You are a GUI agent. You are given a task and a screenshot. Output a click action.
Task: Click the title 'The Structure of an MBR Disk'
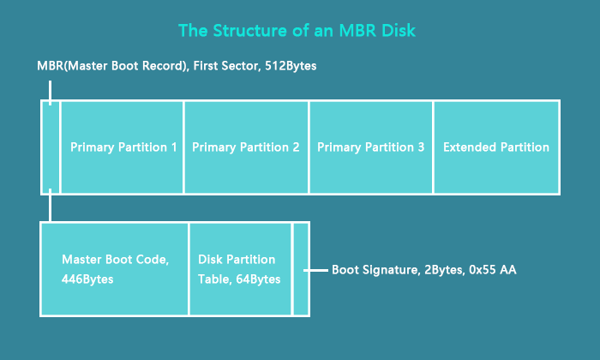coord(298,31)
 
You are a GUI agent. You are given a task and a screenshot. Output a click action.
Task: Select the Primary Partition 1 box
coord(123,147)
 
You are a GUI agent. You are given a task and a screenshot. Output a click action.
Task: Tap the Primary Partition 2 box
coord(246,147)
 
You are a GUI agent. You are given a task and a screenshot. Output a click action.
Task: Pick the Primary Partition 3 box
coord(370,147)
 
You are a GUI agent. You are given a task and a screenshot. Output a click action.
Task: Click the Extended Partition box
coord(496,147)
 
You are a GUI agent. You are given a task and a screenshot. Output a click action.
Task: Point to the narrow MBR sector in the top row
coord(51,147)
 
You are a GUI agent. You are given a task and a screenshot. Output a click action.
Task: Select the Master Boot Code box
coord(115,268)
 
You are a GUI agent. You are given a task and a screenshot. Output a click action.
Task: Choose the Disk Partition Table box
coord(240,268)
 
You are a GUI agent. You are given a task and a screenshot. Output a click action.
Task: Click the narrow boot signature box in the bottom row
coord(301,268)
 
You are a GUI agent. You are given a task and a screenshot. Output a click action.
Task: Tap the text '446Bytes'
coord(87,279)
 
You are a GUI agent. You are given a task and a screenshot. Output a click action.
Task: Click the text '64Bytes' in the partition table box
coord(256,279)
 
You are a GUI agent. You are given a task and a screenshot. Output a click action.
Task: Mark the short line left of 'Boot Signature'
coord(318,270)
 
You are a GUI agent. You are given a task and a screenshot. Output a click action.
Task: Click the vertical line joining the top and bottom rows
coord(51,207)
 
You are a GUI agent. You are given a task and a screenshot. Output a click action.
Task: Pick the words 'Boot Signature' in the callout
coord(369,270)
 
